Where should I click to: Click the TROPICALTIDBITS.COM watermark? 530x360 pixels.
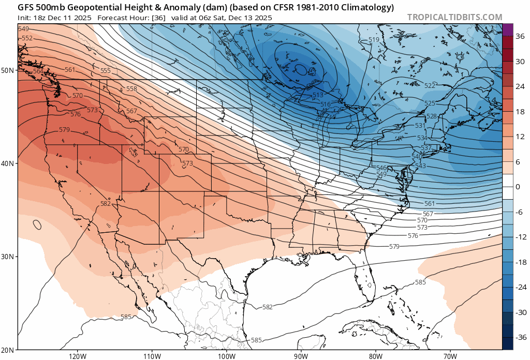(454, 17)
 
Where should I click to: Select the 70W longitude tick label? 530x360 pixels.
(450, 355)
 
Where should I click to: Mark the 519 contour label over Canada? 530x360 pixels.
(374, 40)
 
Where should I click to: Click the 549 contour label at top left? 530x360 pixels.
(24, 29)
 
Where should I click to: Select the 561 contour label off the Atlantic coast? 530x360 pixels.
(429, 204)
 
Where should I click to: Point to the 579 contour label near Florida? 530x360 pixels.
(394, 247)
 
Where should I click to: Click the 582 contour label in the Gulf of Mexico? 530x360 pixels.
(267, 307)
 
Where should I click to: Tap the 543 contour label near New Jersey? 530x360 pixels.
(420, 166)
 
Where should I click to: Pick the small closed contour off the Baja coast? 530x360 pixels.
(37, 224)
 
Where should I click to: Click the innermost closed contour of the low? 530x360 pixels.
(301, 69)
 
